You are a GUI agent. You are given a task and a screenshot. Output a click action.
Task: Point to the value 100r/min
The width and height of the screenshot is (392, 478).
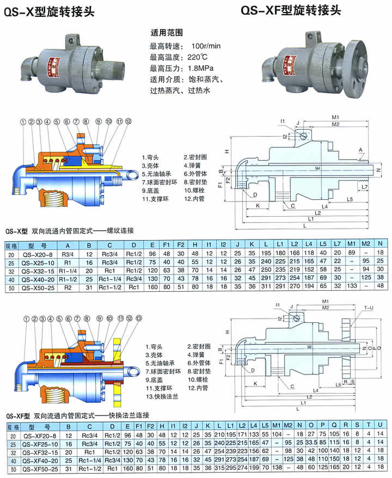coord(206,45)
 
